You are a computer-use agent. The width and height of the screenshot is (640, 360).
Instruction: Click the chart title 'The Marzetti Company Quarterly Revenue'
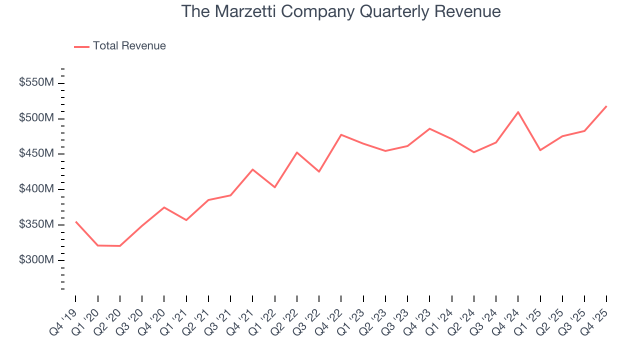[340, 11]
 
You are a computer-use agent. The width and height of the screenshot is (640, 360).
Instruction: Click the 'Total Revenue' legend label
[129, 46]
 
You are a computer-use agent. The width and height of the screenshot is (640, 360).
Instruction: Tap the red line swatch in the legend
[81, 46]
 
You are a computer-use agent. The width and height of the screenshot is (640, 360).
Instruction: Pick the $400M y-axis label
[36, 189]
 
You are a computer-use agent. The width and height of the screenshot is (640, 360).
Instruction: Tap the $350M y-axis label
[36, 225]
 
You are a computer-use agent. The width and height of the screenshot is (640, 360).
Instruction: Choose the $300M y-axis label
[36, 260]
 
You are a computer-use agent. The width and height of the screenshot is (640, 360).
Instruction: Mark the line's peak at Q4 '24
[518, 112]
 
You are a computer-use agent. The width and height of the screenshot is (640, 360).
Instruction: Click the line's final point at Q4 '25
[606, 106]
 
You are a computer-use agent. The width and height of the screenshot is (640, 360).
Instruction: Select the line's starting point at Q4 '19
[75, 221]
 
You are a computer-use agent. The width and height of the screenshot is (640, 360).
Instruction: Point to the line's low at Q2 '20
[120, 246]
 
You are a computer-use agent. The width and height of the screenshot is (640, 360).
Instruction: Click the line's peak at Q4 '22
[341, 134]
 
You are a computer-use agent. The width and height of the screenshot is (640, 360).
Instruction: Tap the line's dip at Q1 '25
[540, 150]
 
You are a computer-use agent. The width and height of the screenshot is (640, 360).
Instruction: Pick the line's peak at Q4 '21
[252, 169]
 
